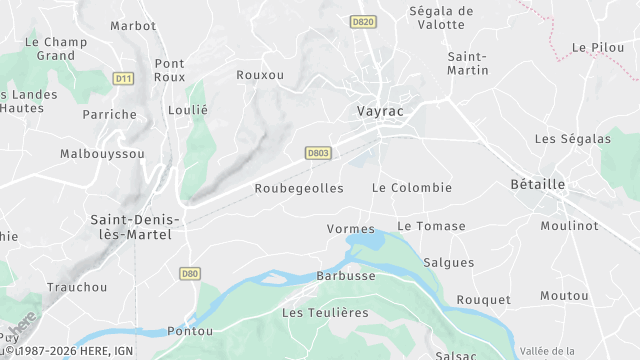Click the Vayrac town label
[x=380, y=111]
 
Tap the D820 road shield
[x=363, y=22]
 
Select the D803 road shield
[x=317, y=152]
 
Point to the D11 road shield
[x=123, y=78]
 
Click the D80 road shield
[x=190, y=272]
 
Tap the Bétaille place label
[x=537, y=184]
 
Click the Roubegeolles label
[x=299, y=188]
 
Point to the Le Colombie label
[x=412, y=188]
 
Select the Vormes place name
[x=350, y=229]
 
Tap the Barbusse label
[x=346, y=276]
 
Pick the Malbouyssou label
[x=102, y=154]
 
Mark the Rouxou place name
[x=260, y=75]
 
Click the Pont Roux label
[x=169, y=70]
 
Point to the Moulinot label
[x=569, y=226]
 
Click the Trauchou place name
[x=77, y=287]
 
